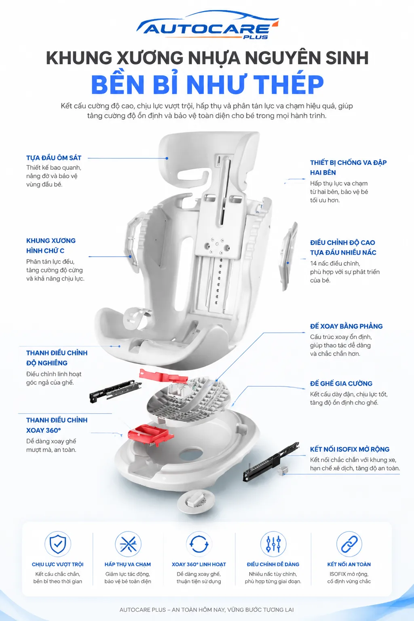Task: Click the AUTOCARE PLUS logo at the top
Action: [208, 25]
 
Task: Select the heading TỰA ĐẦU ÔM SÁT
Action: [54, 158]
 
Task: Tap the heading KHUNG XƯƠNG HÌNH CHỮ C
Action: [51, 246]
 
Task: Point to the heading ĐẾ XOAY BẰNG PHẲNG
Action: [346, 326]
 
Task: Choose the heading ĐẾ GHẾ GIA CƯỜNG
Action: [341, 383]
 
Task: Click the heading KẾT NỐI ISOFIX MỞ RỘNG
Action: [350, 449]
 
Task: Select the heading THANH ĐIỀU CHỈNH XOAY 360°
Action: [57, 425]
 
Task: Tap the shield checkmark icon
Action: [58, 544]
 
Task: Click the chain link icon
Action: [349, 544]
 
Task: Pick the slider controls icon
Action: [273, 544]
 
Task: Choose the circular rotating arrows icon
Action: [199, 544]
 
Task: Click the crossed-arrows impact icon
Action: [128, 544]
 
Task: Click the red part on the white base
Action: [150, 435]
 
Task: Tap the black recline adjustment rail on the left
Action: [115, 391]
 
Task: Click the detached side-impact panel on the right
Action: [288, 257]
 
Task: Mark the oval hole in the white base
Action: [191, 454]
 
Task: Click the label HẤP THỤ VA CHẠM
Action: [128, 564]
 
